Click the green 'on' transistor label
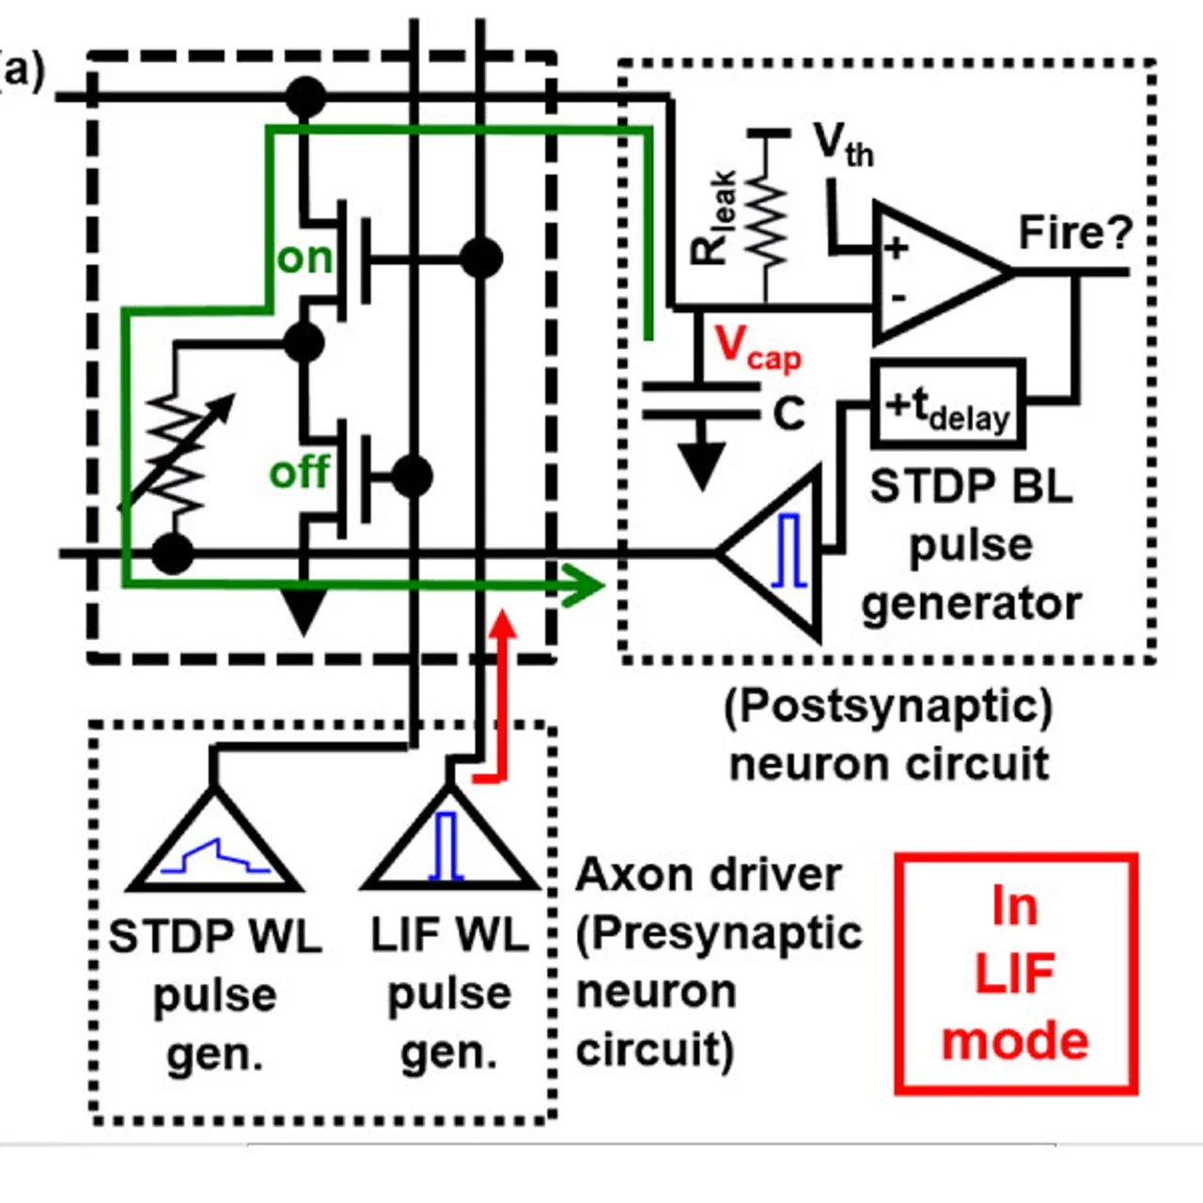[x=305, y=258]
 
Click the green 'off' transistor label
[x=299, y=472]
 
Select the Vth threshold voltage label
[x=843, y=145]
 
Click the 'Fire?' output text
[x=1075, y=232]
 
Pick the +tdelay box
[x=947, y=404]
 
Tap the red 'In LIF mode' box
[x=1016, y=974]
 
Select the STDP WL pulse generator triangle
[x=215, y=846]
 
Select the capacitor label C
[x=789, y=414]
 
